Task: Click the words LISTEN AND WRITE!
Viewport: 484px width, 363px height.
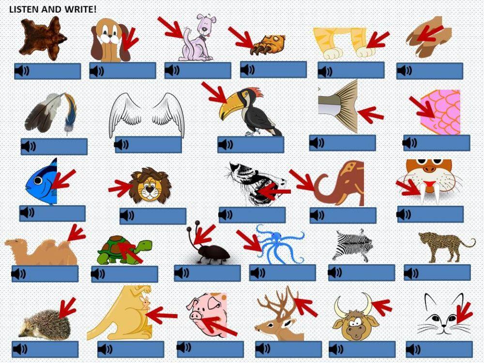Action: (x=53, y=9)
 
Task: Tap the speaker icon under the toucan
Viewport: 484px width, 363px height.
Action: (x=226, y=144)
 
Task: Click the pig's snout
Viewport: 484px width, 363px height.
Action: (x=196, y=316)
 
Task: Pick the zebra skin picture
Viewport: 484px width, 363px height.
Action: (x=352, y=246)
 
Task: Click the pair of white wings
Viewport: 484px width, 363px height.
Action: (x=147, y=115)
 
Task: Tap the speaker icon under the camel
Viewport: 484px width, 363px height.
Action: (x=19, y=273)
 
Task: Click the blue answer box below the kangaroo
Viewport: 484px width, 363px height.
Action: (x=131, y=349)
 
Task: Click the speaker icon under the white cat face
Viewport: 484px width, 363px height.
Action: (x=414, y=349)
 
